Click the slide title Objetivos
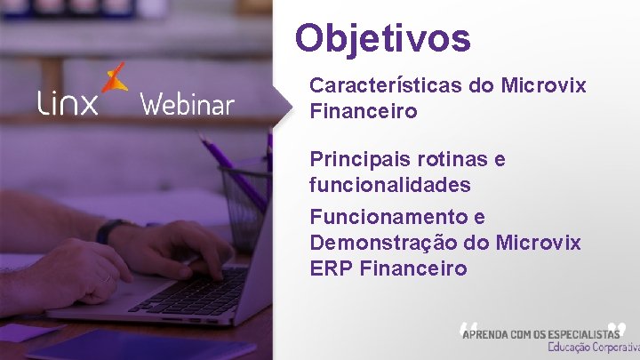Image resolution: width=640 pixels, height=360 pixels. (x=383, y=38)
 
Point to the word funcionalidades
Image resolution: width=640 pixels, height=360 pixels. (x=390, y=186)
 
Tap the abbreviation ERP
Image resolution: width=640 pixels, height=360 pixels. (x=332, y=268)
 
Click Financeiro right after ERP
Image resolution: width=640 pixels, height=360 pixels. (x=413, y=268)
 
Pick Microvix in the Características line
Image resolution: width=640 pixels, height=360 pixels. (x=543, y=85)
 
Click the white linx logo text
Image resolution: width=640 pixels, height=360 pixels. (x=68, y=104)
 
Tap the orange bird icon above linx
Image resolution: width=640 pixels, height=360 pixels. (x=114, y=78)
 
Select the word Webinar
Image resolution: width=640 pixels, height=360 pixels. (x=187, y=105)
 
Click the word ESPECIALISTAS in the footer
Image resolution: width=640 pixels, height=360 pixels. (x=577, y=333)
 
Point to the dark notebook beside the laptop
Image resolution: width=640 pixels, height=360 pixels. (x=133, y=345)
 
